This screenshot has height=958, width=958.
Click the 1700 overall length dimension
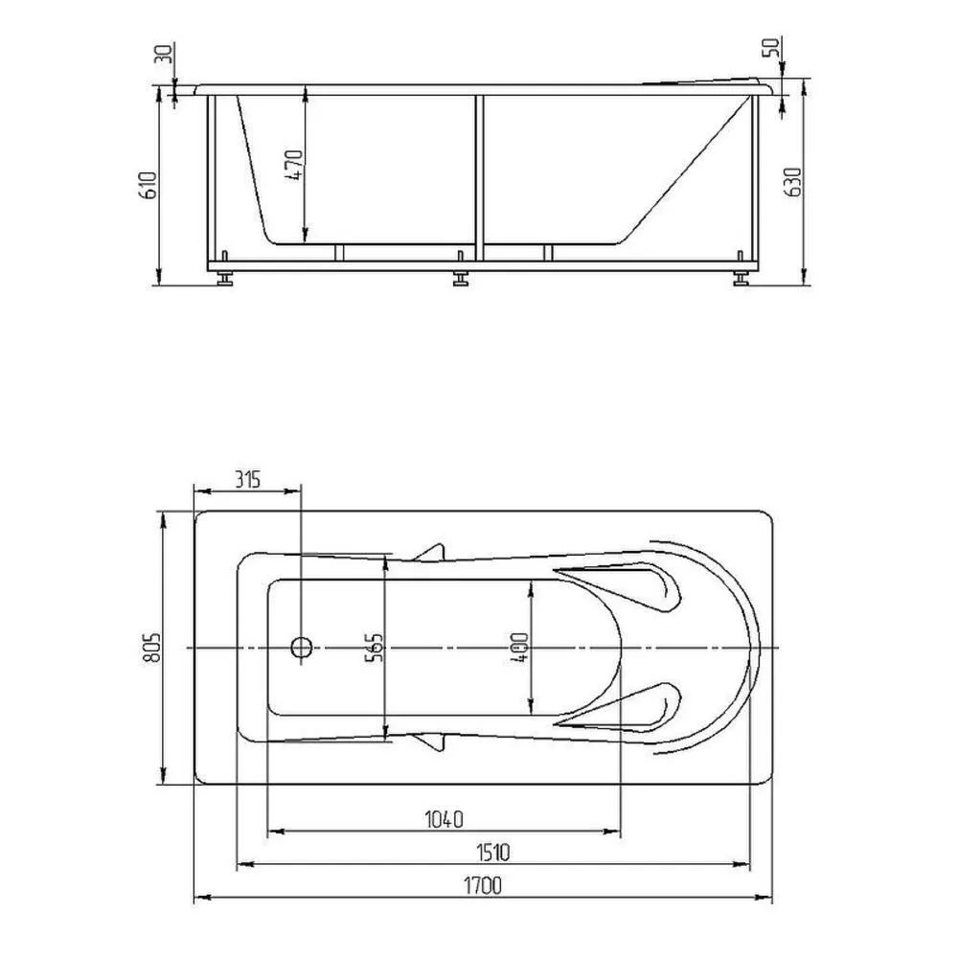pyautogui.click(x=483, y=885)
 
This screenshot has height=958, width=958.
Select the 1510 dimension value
pyautogui.click(x=492, y=852)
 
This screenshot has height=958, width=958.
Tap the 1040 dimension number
pyautogui.click(x=445, y=819)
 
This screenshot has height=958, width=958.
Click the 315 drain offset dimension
pyautogui.click(x=248, y=480)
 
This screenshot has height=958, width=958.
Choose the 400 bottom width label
pyautogui.click(x=520, y=648)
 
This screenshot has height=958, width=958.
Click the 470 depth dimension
pyautogui.click(x=294, y=165)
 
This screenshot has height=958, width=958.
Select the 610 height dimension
pyautogui.click(x=148, y=185)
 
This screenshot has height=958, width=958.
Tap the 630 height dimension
pyautogui.click(x=792, y=181)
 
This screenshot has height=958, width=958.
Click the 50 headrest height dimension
pyautogui.click(x=771, y=47)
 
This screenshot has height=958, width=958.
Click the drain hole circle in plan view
pyautogui.click(x=302, y=647)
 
